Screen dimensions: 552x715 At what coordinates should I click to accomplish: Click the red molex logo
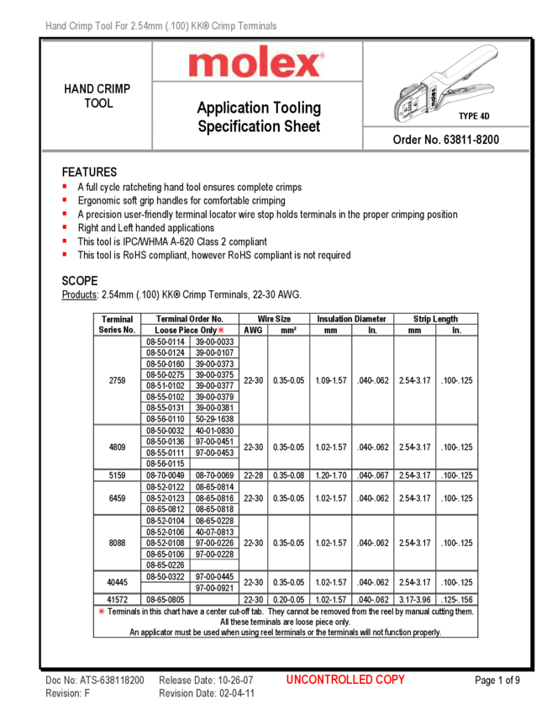click(255, 63)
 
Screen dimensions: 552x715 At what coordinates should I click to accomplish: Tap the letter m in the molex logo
click(207, 65)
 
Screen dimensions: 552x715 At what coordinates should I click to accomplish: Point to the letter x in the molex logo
click(308, 65)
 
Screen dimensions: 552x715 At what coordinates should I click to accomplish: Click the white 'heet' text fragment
click(307, 126)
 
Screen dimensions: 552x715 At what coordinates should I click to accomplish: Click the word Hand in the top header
click(56, 27)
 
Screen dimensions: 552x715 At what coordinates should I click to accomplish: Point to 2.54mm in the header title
click(150, 27)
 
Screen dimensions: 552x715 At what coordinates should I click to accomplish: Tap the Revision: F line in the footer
click(67, 694)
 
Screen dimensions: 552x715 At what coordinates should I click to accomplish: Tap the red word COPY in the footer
click(389, 680)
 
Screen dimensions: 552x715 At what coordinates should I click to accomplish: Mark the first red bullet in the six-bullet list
click(65, 186)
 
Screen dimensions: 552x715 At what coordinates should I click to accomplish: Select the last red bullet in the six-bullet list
click(65, 253)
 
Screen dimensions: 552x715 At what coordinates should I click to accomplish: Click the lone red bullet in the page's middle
click(221, 330)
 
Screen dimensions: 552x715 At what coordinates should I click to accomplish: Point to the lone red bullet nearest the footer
click(101, 612)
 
